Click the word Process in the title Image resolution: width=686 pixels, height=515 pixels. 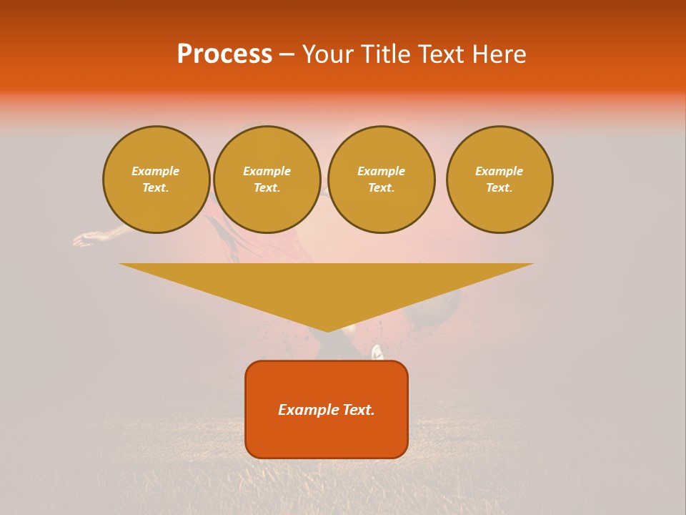point(224,54)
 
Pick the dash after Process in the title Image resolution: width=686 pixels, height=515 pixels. point(287,55)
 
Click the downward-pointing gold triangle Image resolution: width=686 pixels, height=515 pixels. point(327,286)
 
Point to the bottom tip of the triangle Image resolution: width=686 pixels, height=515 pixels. point(327,330)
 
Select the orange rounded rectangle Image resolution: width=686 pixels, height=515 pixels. point(327,436)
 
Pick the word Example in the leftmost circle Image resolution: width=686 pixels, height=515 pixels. point(155,171)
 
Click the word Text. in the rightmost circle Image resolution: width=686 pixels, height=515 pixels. point(499,187)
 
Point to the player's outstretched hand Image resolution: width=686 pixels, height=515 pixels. point(84,239)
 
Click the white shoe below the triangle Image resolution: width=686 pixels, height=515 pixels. point(377,352)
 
